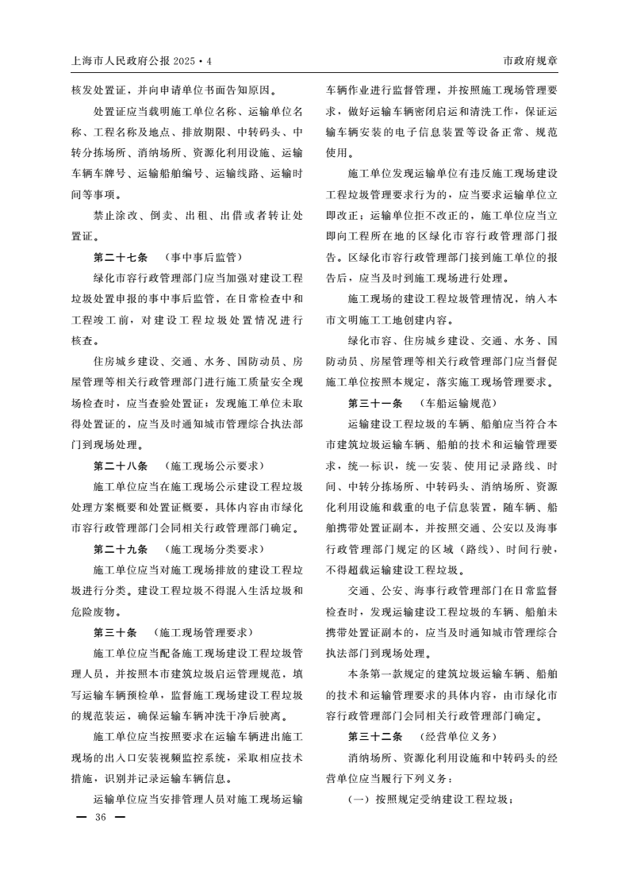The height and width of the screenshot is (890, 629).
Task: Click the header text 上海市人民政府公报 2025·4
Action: click(142, 61)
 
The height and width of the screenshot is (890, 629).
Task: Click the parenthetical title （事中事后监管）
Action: click(203, 257)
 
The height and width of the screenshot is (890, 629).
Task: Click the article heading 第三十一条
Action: click(376, 403)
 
